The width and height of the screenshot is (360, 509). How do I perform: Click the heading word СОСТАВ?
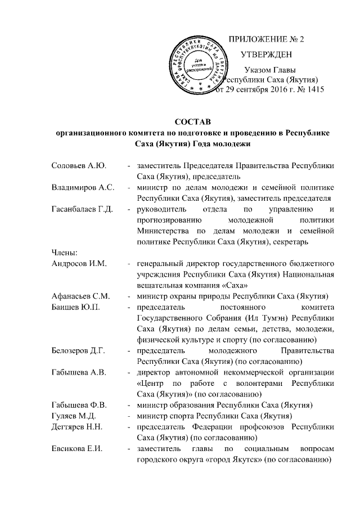click(193, 122)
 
